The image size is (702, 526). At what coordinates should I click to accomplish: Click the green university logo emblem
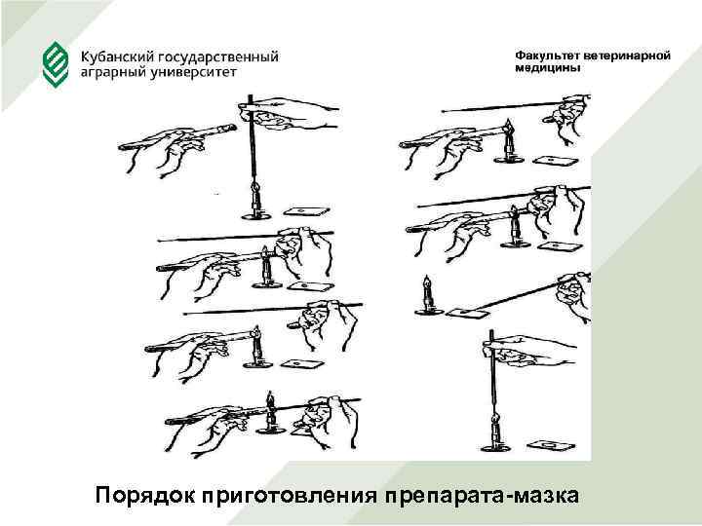pyautogui.click(x=56, y=64)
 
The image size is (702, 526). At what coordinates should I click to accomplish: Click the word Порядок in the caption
pyautogui.click(x=145, y=496)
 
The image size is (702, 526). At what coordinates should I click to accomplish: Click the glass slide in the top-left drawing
pyautogui.click(x=307, y=211)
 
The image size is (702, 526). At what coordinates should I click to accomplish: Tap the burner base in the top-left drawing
pyautogui.click(x=256, y=217)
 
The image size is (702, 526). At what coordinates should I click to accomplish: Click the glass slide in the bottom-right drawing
pyautogui.click(x=552, y=445)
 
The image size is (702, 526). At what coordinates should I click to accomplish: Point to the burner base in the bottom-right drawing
pyautogui.click(x=495, y=448)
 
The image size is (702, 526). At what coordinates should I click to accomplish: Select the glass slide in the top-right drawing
pyautogui.click(x=556, y=161)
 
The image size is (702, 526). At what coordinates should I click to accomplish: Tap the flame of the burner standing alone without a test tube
pyautogui.click(x=428, y=282)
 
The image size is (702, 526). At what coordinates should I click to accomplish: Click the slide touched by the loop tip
pyautogui.click(x=468, y=314)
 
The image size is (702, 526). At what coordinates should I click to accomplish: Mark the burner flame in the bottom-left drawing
pyautogui.click(x=270, y=398)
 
